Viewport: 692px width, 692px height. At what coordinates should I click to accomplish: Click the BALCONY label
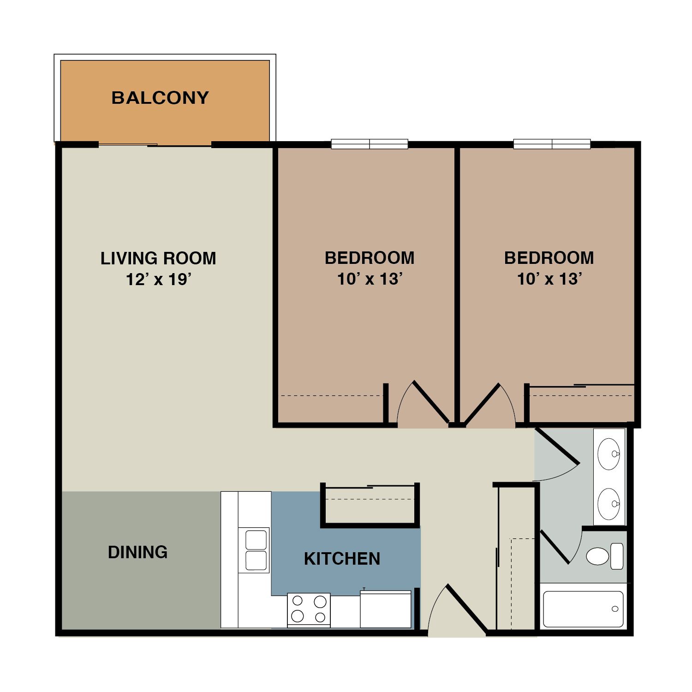[x=160, y=98]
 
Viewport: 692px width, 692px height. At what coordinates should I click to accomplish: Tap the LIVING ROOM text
[x=158, y=258]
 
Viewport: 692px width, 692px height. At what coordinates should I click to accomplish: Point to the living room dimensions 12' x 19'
[x=158, y=280]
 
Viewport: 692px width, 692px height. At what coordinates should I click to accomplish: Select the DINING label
[x=137, y=552]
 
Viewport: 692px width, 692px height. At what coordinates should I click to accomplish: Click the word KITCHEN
[x=342, y=559]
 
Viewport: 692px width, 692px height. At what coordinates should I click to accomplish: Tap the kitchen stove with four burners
[x=309, y=609]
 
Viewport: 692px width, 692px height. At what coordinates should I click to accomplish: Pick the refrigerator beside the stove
[x=386, y=609]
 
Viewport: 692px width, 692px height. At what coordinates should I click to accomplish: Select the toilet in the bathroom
[x=605, y=556]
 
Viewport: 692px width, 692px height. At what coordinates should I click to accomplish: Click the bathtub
[x=583, y=609]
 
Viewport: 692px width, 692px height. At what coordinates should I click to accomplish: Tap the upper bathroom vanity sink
[x=609, y=454]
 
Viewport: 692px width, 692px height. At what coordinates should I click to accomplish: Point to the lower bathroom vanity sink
[x=609, y=504]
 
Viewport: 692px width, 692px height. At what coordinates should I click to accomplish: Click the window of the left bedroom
[x=370, y=144]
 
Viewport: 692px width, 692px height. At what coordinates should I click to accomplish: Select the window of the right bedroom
[x=552, y=144]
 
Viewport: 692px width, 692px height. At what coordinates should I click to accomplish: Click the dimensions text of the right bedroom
[x=549, y=279]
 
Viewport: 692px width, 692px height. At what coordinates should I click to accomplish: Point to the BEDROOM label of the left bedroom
[x=370, y=258]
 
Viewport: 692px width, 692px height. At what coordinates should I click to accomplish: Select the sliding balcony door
[x=155, y=145]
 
